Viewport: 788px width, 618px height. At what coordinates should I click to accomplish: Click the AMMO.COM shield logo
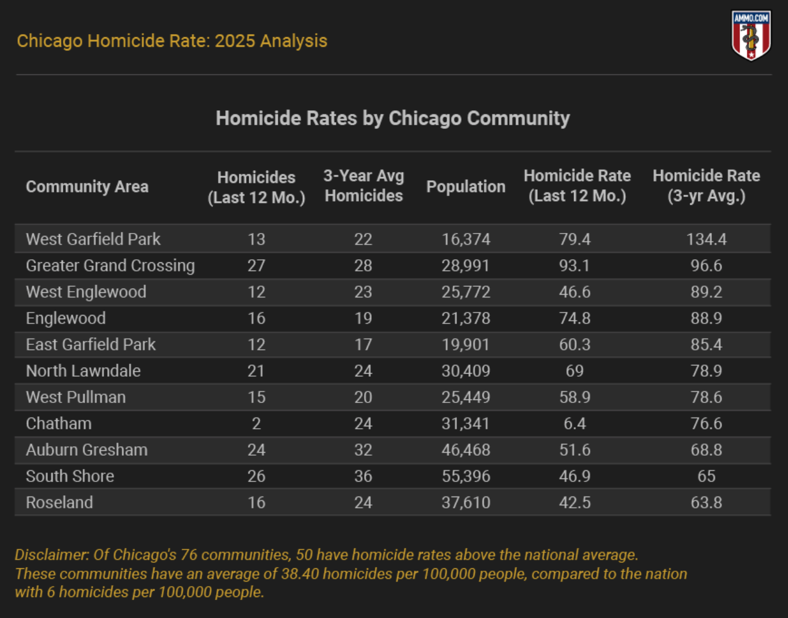pyautogui.click(x=751, y=36)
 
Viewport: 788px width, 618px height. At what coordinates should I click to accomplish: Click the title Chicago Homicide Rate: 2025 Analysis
pyautogui.click(x=172, y=41)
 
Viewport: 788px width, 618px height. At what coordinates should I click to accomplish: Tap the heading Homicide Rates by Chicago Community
pyautogui.click(x=393, y=118)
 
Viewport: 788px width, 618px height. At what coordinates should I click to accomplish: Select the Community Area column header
pyautogui.click(x=87, y=187)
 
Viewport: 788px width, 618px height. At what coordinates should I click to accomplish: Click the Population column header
pyautogui.click(x=465, y=187)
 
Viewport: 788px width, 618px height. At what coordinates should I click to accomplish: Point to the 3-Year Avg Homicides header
pyautogui.click(x=363, y=186)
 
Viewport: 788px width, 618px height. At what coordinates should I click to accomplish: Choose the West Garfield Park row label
pyautogui.click(x=93, y=239)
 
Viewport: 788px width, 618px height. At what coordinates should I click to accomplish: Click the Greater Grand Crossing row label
pyautogui.click(x=110, y=265)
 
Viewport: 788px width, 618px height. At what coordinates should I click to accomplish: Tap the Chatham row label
pyautogui.click(x=59, y=423)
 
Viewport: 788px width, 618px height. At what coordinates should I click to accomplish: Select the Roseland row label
pyautogui.click(x=59, y=502)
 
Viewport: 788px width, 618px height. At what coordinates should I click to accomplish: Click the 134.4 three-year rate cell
pyautogui.click(x=706, y=239)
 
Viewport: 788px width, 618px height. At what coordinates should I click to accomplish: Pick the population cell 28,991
pyautogui.click(x=465, y=265)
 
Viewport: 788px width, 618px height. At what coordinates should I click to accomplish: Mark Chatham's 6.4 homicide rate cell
pyautogui.click(x=574, y=423)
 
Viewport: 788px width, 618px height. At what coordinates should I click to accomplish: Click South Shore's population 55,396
pyautogui.click(x=465, y=476)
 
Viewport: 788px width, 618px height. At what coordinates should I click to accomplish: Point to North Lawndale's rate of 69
pyautogui.click(x=574, y=371)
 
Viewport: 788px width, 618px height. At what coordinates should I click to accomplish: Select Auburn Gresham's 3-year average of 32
pyautogui.click(x=363, y=450)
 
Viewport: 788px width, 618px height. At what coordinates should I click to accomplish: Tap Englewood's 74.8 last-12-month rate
pyautogui.click(x=574, y=318)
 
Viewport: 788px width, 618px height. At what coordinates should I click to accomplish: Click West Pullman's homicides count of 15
pyautogui.click(x=256, y=397)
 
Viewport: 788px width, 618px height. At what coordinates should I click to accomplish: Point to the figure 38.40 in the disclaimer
pyautogui.click(x=300, y=574)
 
